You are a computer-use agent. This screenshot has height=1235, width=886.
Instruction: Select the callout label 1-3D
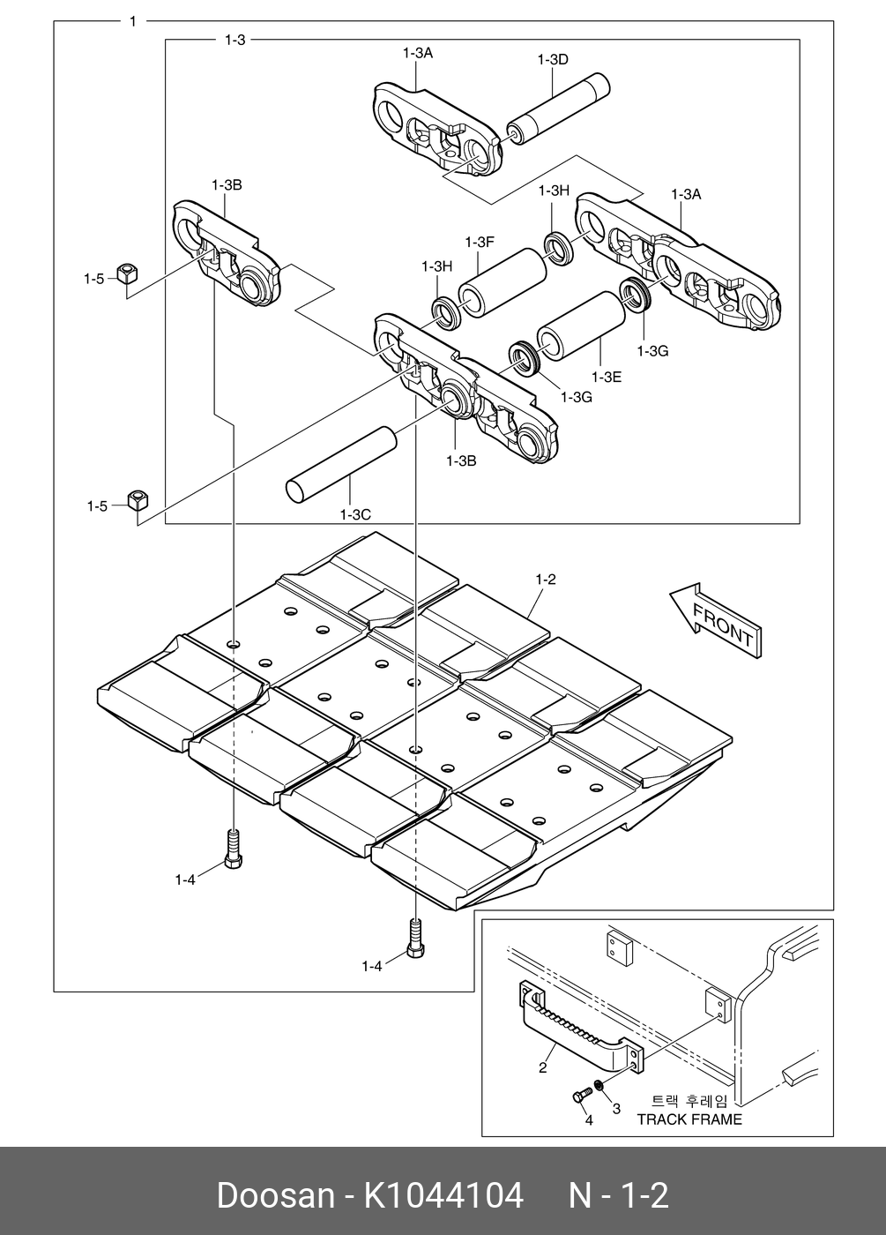point(553,60)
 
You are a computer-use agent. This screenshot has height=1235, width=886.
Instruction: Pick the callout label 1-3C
point(355,513)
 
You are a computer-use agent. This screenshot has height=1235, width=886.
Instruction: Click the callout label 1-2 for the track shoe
point(546,580)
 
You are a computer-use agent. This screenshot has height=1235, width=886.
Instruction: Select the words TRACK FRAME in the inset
point(689,1119)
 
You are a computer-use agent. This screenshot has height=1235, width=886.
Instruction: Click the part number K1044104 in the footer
point(445,1195)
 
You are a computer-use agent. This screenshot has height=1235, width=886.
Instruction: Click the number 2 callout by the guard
point(543,1068)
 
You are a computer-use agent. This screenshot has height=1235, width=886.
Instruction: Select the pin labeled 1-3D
point(555,113)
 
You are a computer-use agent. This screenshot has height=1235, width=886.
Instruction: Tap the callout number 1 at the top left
point(133,20)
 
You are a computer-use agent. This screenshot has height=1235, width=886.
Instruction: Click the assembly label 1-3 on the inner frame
point(235,40)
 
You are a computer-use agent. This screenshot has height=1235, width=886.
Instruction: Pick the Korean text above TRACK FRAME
point(689,1101)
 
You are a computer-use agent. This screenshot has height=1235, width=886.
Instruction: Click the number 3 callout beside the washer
point(616,1108)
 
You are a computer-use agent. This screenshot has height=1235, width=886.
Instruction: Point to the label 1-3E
point(607,377)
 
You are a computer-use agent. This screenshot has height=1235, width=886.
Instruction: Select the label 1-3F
point(480,242)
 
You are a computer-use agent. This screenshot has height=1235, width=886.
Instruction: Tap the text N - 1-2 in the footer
point(619,1195)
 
